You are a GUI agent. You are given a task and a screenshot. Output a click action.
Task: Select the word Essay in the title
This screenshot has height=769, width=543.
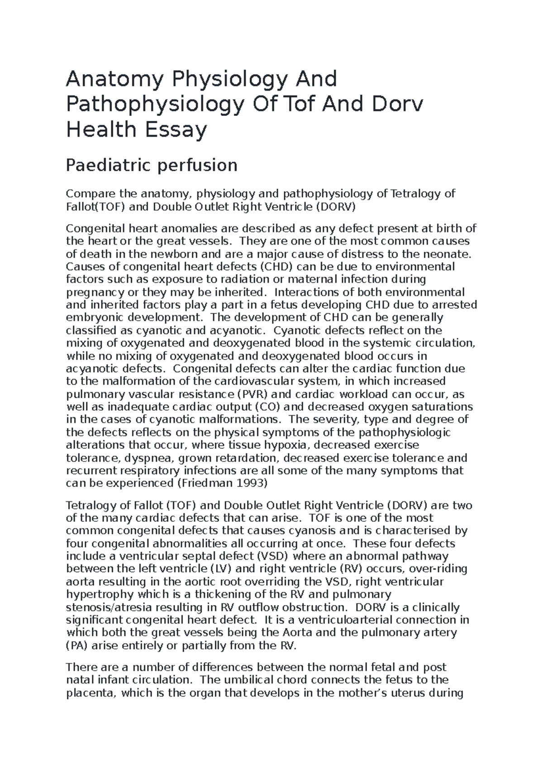pos(181,130)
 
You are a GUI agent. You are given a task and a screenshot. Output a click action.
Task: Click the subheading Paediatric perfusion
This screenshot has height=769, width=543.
pos(152,165)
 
